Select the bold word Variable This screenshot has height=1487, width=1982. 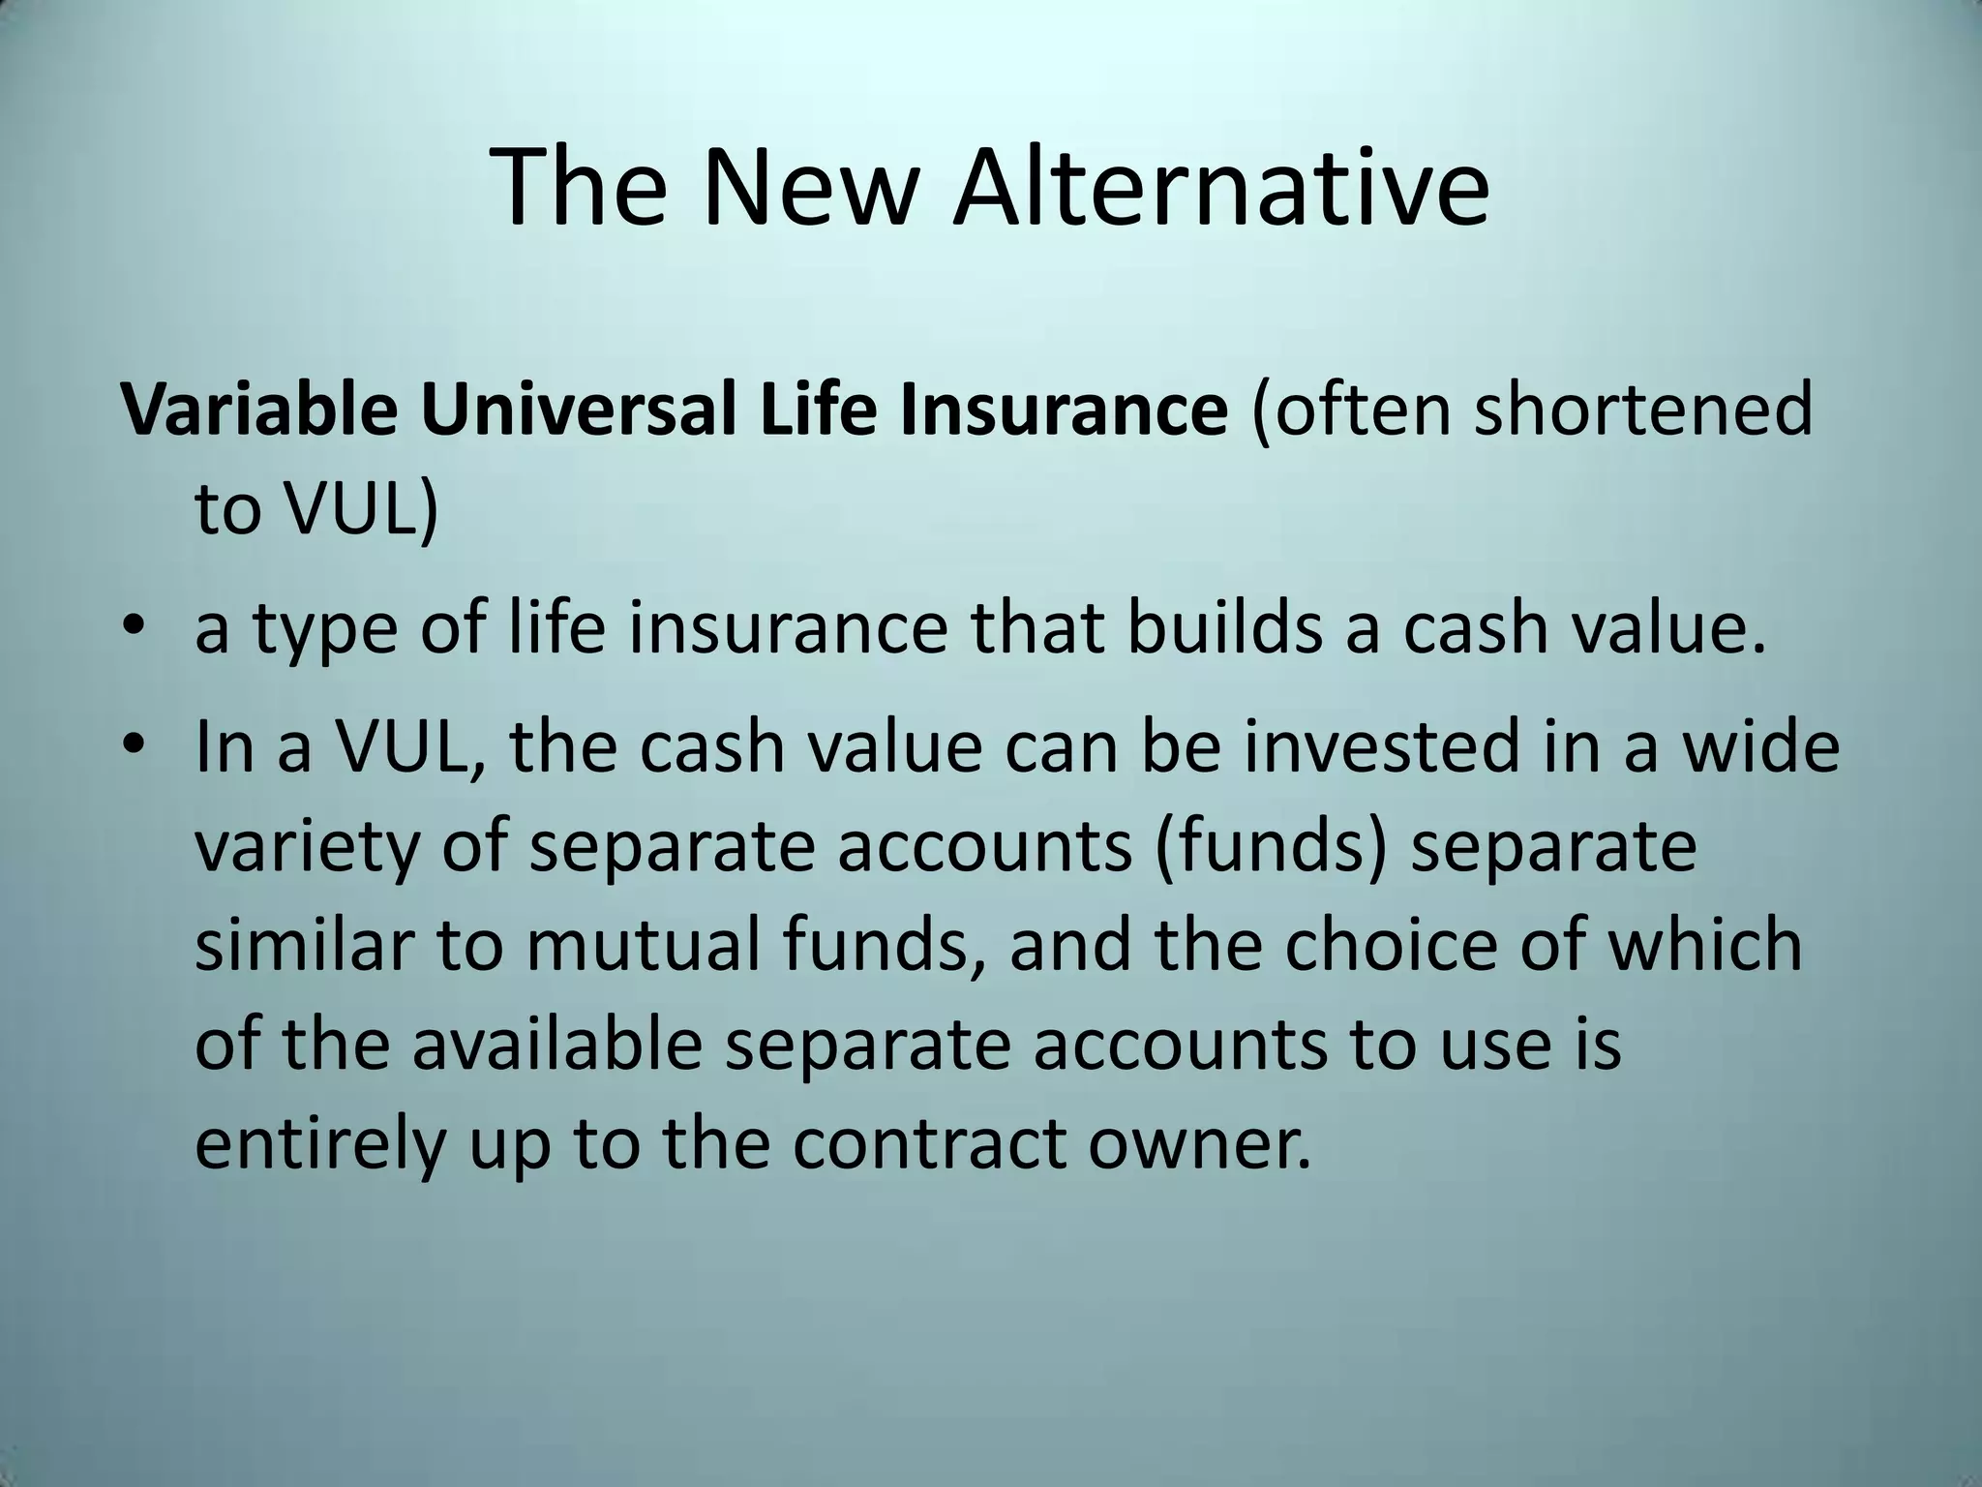click(258, 410)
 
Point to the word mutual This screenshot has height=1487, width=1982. click(643, 945)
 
